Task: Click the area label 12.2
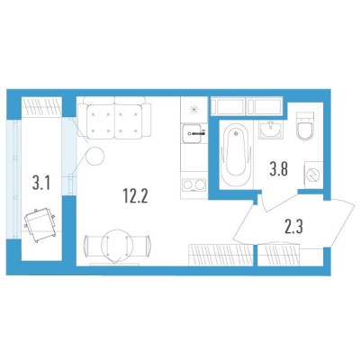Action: [x=135, y=196]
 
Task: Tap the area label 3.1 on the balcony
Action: [x=41, y=183]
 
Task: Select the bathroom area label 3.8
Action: [x=279, y=169]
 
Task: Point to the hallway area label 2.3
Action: [x=293, y=227]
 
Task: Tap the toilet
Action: [x=305, y=126]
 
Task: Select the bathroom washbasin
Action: [x=271, y=130]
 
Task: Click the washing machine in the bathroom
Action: [x=313, y=175]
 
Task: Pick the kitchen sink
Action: [x=194, y=134]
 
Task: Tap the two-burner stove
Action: [x=194, y=184]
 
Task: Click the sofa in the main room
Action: [x=114, y=118]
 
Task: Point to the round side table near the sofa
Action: [x=95, y=156]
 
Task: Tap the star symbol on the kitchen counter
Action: [x=194, y=110]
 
